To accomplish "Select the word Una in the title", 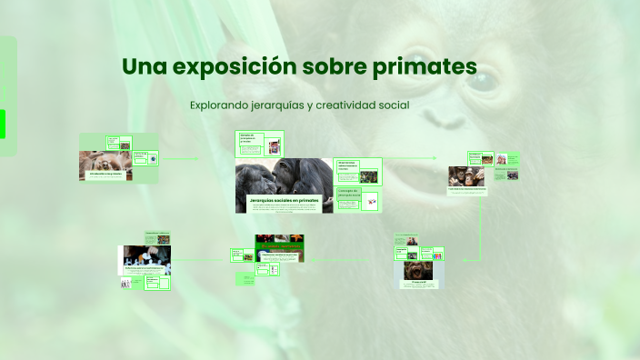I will pyautogui.click(x=143, y=67).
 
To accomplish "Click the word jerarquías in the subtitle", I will pyautogui.click(x=274, y=105).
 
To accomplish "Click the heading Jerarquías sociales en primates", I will pyautogui.click(x=284, y=198).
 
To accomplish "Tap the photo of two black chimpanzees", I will pyautogui.click(x=284, y=175).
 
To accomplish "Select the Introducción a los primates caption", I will pyautogui.click(x=105, y=173).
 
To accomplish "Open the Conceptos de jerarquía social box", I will pyautogui.click(x=349, y=194).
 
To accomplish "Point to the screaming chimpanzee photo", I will pyautogui.click(x=421, y=271).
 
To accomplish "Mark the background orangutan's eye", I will pyautogui.click(x=482, y=83).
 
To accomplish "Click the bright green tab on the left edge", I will pyautogui.click(x=3, y=123).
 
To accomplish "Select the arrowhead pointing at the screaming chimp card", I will pyautogui.click(x=464, y=259).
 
